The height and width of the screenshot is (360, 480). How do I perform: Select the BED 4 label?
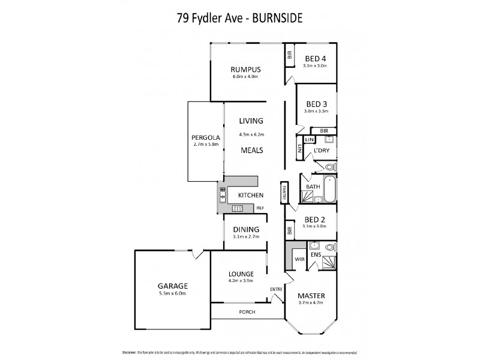click(x=315, y=58)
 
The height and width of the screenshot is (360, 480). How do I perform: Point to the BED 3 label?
click(x=316, y=103)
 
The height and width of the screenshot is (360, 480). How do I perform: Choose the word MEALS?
click(x=251, y=151)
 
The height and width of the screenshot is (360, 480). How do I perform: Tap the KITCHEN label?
click(x=250, y=195)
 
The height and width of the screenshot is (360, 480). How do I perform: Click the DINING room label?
click(x=246, y=229)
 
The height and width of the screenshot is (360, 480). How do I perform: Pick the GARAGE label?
click(x=173, y=286)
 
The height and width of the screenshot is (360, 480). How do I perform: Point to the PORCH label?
click(x=247, y=311)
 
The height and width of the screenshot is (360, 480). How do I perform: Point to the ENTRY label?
click(x=276, y=290)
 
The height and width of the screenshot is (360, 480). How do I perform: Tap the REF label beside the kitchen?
click(x=260, y=208)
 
